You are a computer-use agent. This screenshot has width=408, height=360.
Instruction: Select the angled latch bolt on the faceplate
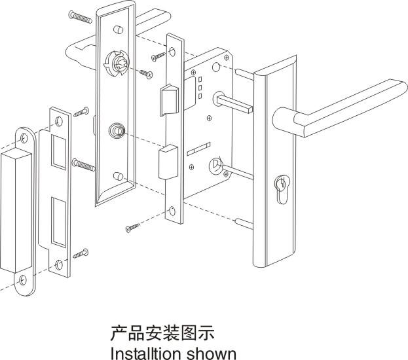click(169, 99)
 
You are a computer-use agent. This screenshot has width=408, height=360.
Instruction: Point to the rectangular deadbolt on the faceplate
click(168, 162)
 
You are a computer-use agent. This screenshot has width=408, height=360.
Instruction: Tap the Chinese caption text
click(162, 333)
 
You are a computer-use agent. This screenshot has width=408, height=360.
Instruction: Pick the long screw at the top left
click(81, 16)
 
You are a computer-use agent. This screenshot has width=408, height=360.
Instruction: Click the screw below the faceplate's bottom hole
click(132, 227)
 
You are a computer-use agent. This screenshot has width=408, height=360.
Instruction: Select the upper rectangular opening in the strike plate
click(58, 152)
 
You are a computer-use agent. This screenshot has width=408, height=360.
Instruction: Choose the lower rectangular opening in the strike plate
click(59, 222)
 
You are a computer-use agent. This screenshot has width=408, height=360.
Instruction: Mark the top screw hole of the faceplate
click(172, 52)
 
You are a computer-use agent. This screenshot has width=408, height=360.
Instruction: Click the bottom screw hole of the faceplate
click(172, 211)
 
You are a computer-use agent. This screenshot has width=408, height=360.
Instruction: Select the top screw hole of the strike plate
click(59, 121)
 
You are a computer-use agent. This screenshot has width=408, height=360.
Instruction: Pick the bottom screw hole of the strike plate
click(59, 264)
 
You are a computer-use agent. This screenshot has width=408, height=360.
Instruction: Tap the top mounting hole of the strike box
click(24, 138)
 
